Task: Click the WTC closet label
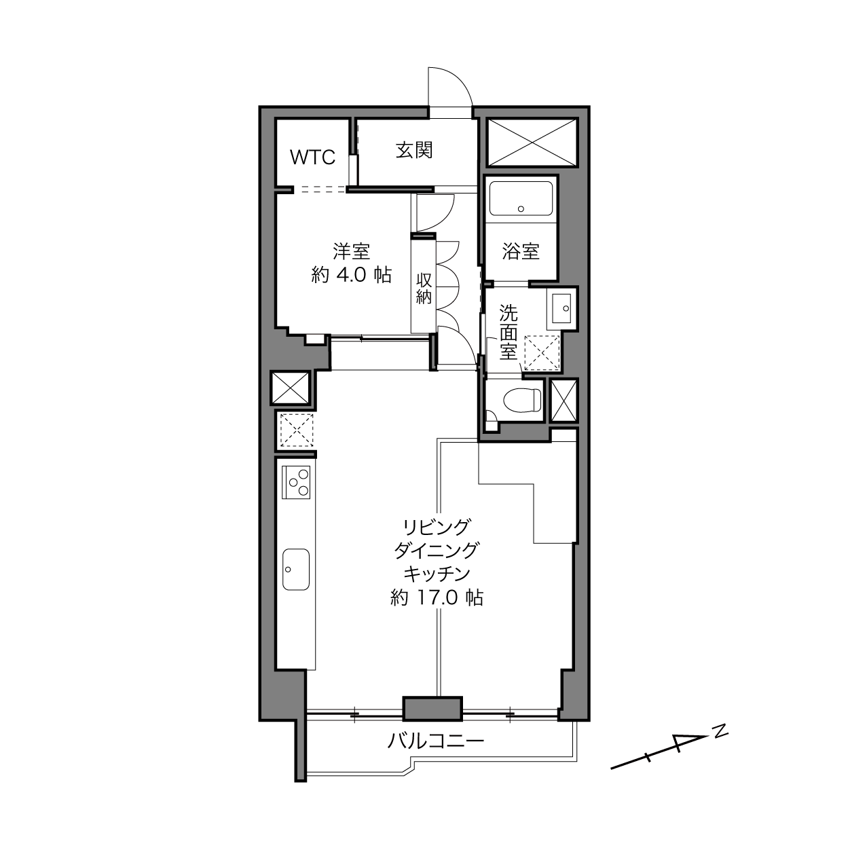pos(312,157)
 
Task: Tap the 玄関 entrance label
pos(413,151)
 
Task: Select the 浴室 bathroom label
pos(521,251)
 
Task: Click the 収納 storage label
pos(424,289)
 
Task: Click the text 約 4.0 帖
pos(352,275)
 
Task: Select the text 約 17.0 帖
pos(437,597)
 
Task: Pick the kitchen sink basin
pos(295,569)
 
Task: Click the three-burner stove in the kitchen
pos(296,483)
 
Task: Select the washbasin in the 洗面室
pos(561,308)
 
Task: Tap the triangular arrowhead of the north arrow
pos(688,742)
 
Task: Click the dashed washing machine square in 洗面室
pos(542,352)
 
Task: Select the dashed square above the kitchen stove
pos(296,429)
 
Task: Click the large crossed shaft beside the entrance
pos(532,143)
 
